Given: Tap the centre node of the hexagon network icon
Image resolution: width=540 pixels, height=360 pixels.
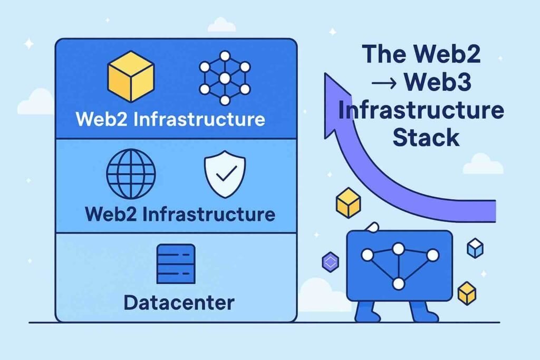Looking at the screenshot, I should pyautogui.click(x=225, y=78).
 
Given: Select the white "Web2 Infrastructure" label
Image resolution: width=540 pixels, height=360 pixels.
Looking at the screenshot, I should pyautogui.click(x=170, y=119).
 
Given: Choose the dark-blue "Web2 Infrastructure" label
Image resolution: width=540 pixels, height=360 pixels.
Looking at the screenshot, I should pyautogui.click(x=179, y=215).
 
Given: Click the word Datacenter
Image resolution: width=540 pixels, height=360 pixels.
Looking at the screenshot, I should pyautogui.click(x=179, y=303).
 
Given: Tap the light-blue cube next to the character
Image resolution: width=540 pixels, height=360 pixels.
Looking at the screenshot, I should pyautogui.click(x=475, y=248).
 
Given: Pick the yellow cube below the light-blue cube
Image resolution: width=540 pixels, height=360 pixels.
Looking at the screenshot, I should pyautogui.click(x=467, y=293).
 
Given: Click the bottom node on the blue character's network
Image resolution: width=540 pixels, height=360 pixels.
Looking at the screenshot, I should pyautogui.click(x=399, y=284).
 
